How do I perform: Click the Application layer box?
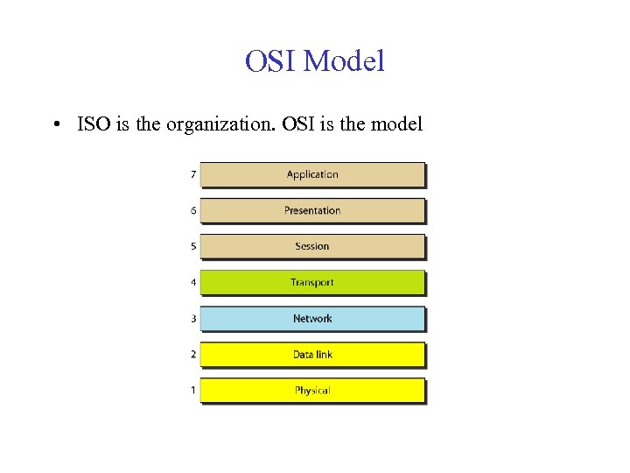click(x=312, y=174)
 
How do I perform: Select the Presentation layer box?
click(x=312, y=210)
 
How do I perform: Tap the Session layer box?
click(x=312, y=246)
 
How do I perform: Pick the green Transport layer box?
click(x=312, y=282)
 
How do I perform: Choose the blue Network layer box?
click(x=312, y=319)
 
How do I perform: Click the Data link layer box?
click(x=312, y=355)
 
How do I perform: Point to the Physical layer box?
click(x=312, y=391)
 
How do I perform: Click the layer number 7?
click(x=193, y=174)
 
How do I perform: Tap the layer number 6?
click(x=193, y=210)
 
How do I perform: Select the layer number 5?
click(x=193, y=246)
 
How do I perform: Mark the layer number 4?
click(x=193, y=282)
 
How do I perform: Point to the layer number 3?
click(x=193, y=319)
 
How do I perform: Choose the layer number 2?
click(x=193, y=355)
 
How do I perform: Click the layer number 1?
click(x=193, y=391)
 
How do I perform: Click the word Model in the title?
click(x=346, y=61)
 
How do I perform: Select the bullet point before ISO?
click(x=55, y=124)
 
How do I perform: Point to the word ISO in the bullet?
click(x=94, y=124)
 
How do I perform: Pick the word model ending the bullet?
click(x=396, y=124)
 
